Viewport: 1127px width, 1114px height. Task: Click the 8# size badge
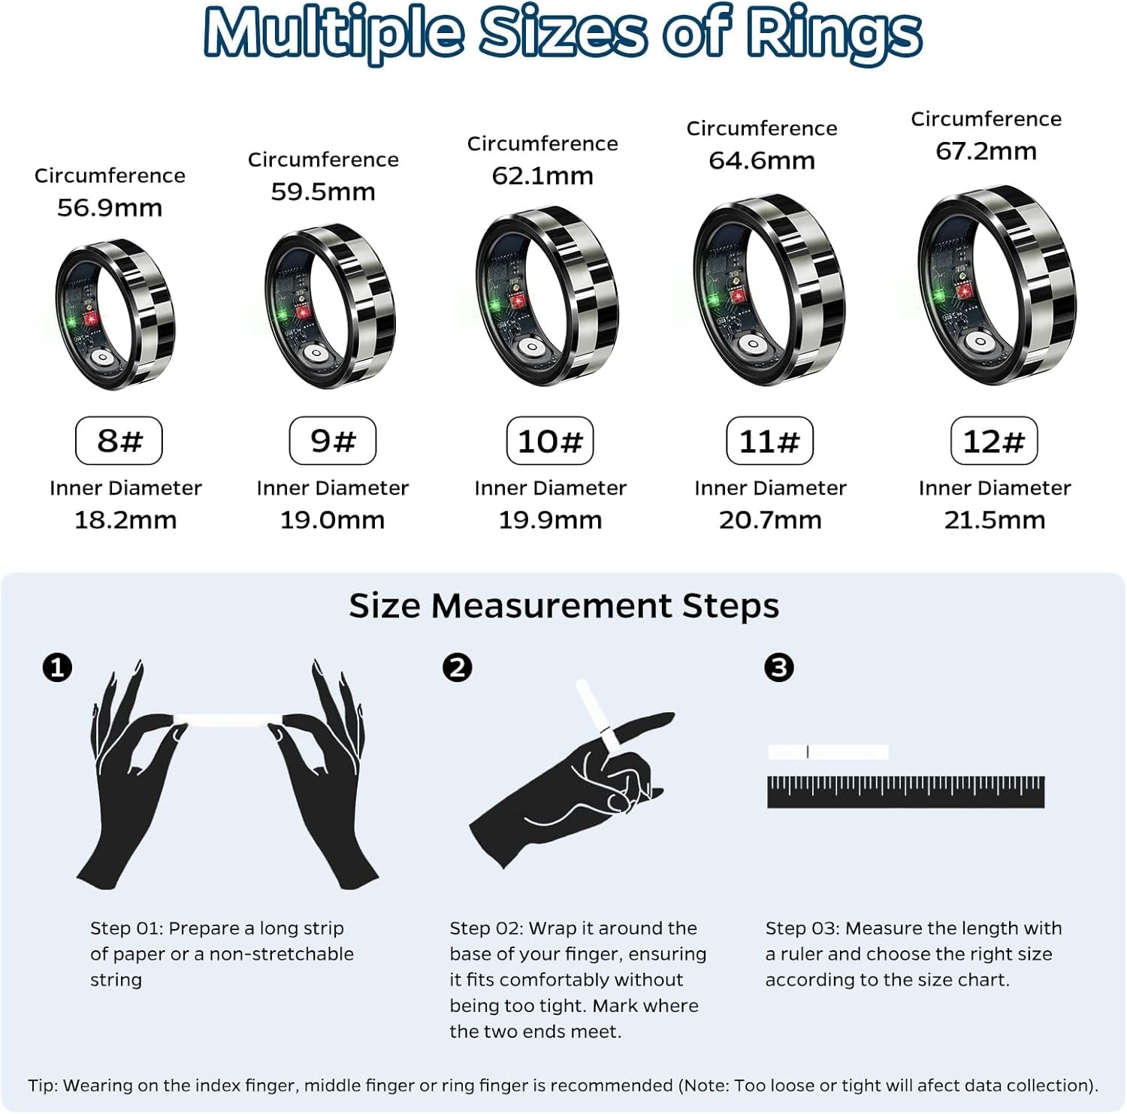pyautogui.click(x=119, y=441)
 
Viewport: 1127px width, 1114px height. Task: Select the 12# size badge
pyautogui.click(x=994, y=441)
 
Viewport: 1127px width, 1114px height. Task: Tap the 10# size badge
pyautogui.click(x=550, y=441)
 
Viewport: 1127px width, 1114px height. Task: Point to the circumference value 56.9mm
pyautogui.click(x=110, y=208)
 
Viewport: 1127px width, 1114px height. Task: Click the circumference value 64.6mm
pyautogui.click(x=762, y=161)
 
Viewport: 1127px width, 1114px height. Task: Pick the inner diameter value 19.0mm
pyautogui.click(x=332, y=520)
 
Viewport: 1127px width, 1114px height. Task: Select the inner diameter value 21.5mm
pyautogui.click(x=995, y=520)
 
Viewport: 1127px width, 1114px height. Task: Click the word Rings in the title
pyautogui.click(x=834, y=34)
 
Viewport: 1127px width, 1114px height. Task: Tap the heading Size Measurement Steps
pyautogui.click(x=563, y=605)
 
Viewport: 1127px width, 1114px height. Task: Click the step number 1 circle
pyautogui.click(x=58, y=667)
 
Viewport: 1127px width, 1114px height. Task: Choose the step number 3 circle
pyautogui.click(x=778, y=667)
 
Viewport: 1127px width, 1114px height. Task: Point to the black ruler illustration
pyautogui.click(x=905, y=792)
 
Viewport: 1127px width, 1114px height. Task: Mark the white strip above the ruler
pyautogui.click(x=828, y=752)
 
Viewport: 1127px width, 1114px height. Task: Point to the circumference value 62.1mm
pyautogui.click(x=542, y=177)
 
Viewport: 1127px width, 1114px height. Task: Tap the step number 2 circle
pyautogui.click(x=458, y=667)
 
